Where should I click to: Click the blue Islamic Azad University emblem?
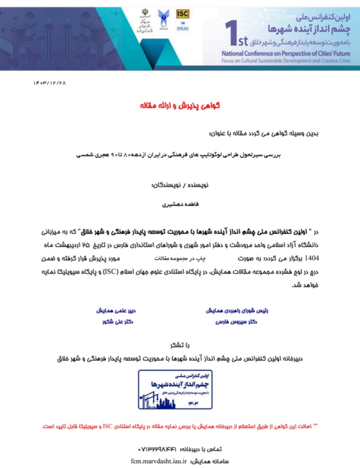(x=163, y=18)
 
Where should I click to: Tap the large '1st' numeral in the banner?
(x=236, y=34)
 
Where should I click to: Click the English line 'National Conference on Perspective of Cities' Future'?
(x=286, y=53)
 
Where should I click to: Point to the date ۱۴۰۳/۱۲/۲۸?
(x=50, y=83)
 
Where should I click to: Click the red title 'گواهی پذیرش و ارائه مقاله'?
(x=180, y=106)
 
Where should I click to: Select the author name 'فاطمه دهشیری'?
(x=180, y=204)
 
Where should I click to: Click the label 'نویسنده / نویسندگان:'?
(x=180, y=185)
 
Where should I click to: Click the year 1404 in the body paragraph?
(x=312, y=258)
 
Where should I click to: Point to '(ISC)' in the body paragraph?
(x=111, y=272)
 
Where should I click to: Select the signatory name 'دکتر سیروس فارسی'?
(x=236, y=322)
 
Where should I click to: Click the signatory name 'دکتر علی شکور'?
(x=118, y=322)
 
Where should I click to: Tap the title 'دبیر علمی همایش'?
(x=116, y=311)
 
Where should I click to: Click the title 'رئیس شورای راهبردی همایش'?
(x=237, y=311)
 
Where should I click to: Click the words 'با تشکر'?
(x=180, y=345)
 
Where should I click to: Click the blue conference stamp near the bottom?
(x=175, y=390)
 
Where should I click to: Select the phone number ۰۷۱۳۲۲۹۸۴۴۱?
(x=157, y=449)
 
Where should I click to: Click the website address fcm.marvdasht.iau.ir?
(x=159, y=461)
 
